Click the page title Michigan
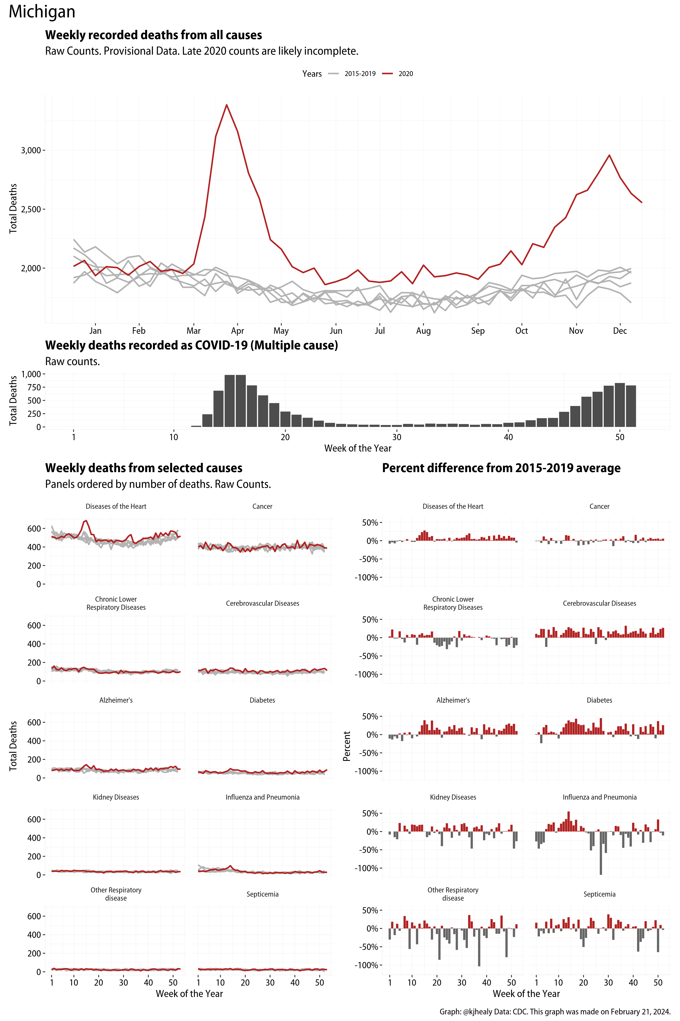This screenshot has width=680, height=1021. coord(42,12)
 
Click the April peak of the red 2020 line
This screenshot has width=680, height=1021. coord(226,105)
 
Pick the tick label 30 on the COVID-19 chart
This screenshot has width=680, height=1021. coord(396,437)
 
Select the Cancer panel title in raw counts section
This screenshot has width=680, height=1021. coord(262,507)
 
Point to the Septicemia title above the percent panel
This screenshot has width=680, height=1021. coord(599,894)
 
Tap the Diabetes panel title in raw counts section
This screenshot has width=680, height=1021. coord(262,700)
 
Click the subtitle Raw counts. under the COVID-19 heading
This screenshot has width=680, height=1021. coord(72,362)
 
